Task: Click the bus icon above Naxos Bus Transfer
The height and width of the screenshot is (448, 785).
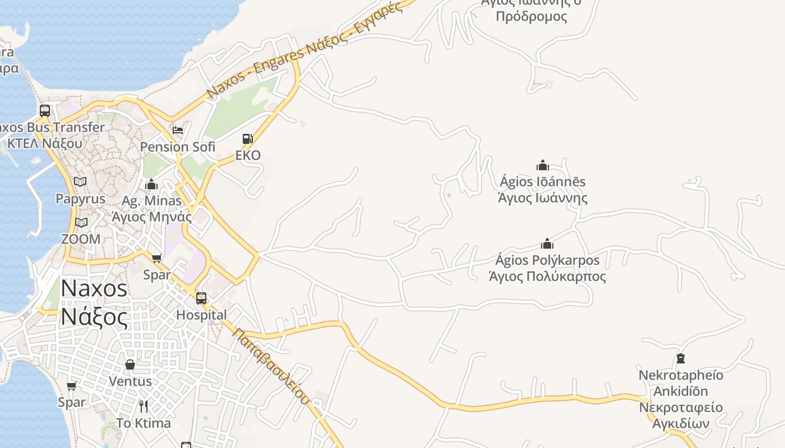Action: tap(45, 110)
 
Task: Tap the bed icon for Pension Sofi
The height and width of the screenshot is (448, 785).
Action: tap(178, 130)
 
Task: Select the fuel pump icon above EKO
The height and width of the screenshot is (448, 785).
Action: tap(247, 138)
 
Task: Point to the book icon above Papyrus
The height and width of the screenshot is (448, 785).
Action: tap(80, 181)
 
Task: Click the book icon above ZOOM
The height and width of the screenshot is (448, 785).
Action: tap(81, 222)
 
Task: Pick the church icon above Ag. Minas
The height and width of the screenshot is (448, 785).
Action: tap(151, 184)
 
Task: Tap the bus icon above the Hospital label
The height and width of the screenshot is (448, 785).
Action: tap(201, 298)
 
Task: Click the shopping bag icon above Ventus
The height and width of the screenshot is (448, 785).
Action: tap(130, 365)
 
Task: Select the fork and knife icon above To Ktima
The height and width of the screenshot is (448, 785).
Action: tap(144, 406)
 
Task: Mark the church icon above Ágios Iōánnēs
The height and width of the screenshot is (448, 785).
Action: tap(542, 165)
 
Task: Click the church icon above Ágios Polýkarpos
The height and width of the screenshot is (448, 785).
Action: tap(547, 244)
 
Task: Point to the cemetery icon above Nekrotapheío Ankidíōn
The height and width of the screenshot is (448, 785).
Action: tap(681, 358)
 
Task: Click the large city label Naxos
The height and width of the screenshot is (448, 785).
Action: tap(94, 288)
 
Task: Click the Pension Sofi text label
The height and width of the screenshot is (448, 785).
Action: tap(177, 147)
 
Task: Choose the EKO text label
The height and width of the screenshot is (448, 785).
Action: tap(248, 155)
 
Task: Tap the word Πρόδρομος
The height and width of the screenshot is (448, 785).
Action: tap(532, 16)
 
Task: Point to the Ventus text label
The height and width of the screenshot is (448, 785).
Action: tap(130, 381)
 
